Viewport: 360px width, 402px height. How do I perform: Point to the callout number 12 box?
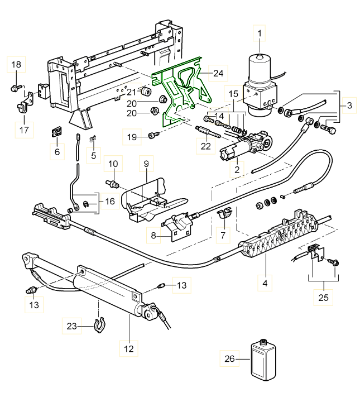pos(129,349)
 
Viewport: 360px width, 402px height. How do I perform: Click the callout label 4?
pos(265,283)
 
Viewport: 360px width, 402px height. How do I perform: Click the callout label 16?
pos(109,200)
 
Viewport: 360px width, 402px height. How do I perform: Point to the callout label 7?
pos(223,235)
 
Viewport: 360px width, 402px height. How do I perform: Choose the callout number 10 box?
pos(113,164)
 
